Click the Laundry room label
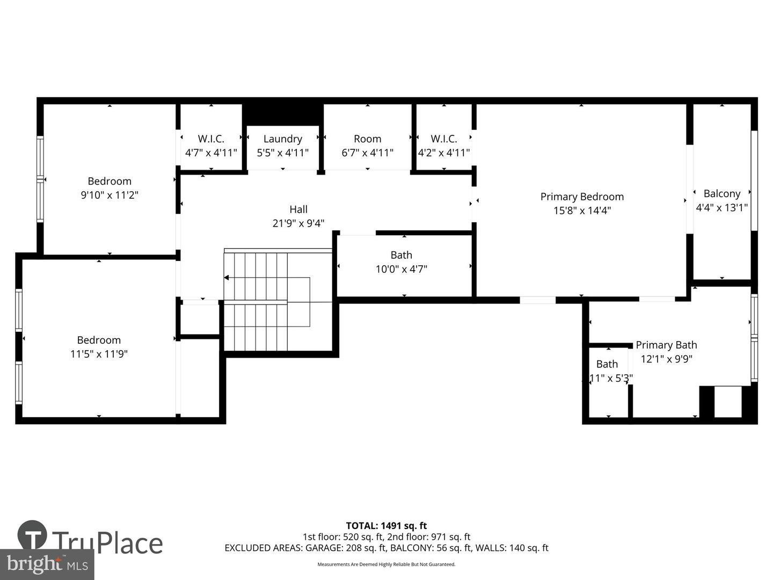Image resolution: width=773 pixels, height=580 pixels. tap(282, 139)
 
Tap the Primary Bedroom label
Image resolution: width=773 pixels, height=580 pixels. tap(582, 197)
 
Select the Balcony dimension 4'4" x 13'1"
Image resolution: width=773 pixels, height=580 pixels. tap(721, 207)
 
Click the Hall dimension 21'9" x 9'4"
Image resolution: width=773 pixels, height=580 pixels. tap(298, 223)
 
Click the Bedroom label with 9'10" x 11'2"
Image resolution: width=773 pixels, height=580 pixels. tap(110, 181)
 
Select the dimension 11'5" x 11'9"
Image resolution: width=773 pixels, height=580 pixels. tap(99, 354)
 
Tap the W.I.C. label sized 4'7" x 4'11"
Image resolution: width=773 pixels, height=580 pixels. tap(211, 139)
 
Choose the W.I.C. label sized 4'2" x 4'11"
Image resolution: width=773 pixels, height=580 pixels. tap(444, 139)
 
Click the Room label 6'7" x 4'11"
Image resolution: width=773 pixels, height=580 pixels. tap(367, 139)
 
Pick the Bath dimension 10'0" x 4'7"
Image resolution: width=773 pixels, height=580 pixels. tap(401, 269)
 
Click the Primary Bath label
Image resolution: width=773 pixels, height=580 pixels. tap(666, 345)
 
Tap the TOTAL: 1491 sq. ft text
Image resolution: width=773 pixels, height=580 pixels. tap(386, 526)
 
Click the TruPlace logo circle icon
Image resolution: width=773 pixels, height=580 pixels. tap(32, 535)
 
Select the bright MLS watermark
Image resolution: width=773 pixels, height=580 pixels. tap(47, 564)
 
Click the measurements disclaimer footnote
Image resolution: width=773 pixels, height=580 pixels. tap(386, 564)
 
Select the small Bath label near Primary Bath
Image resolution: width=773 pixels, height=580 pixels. tap(607, 364)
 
